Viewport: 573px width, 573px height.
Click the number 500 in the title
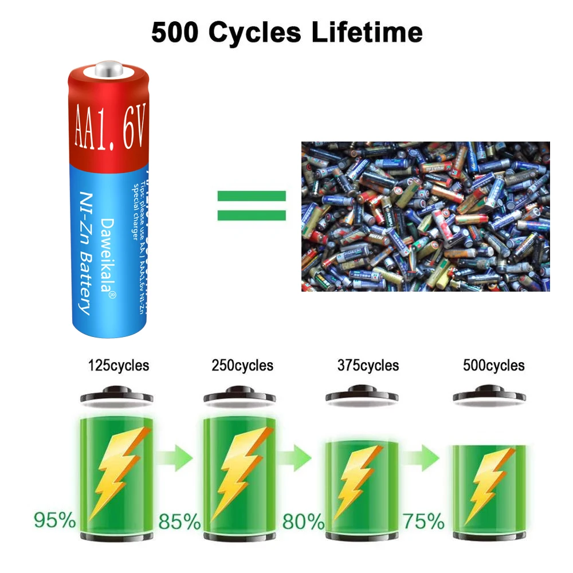pyautogui.click(x=175, y=32)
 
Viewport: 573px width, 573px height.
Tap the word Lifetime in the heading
pyautogui.click(x=367, y=32)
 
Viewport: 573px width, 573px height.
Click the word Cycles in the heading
pyautogui.click(x=254, y=33)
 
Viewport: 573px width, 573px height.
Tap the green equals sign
pyautogui.click(x=251, y=206)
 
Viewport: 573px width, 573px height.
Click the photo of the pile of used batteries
pyautogui.click(x=425, y=217)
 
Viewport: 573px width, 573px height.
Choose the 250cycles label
pyautogui.click(x=242, y=365)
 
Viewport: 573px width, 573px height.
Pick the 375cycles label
pyautogui.click(x=368, y=365)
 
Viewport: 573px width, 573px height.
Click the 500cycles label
pyautogui.click(x=493, y=365)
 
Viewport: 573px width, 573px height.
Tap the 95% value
pyautogui.click(x=54, y=520)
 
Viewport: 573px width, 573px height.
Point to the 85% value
pyautogui.click(x=179, y=522)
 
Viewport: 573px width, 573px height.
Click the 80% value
pyautogui.click(x=303, y=522)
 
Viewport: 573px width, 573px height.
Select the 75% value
pyautogui.click(x=423, y=522)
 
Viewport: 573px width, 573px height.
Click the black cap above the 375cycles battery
pyautogui.click(x=362, y=395)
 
